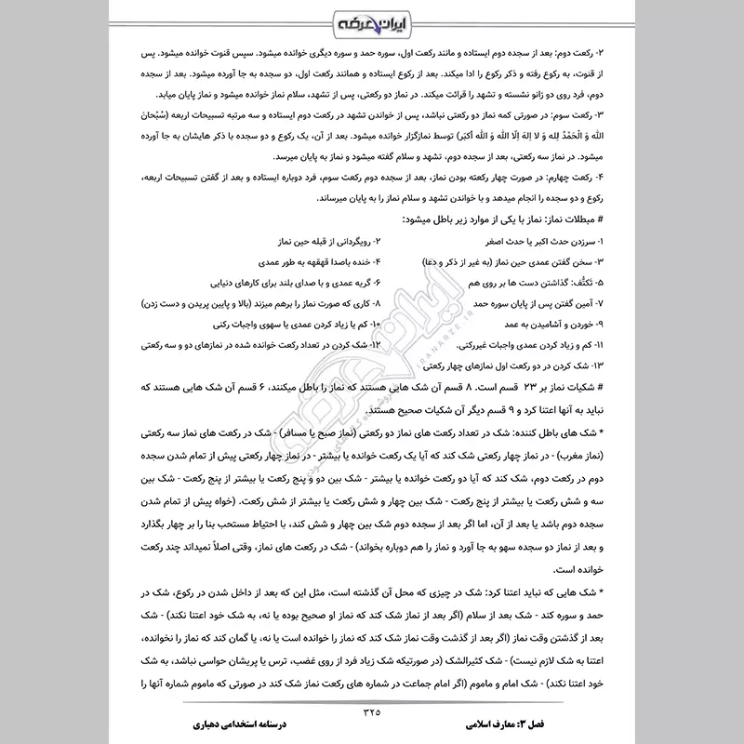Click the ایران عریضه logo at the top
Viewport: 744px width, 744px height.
pos(372,20)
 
